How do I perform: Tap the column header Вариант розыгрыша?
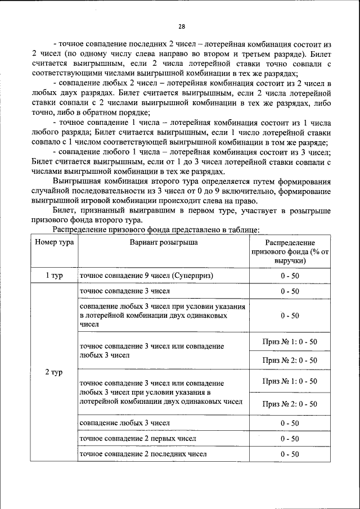coord(163,242)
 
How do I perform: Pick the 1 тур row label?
coord(54,276)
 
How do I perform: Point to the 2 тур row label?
coord(54,372)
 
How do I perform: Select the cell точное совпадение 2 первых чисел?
coord(138,438)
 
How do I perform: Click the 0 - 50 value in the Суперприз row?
coord(290,276)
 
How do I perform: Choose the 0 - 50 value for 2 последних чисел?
coord(290,454)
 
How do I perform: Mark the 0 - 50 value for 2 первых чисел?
coord(290,439)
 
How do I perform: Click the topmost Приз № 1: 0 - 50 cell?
coord(290,341)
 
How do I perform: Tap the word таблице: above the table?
coord(242,229)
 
